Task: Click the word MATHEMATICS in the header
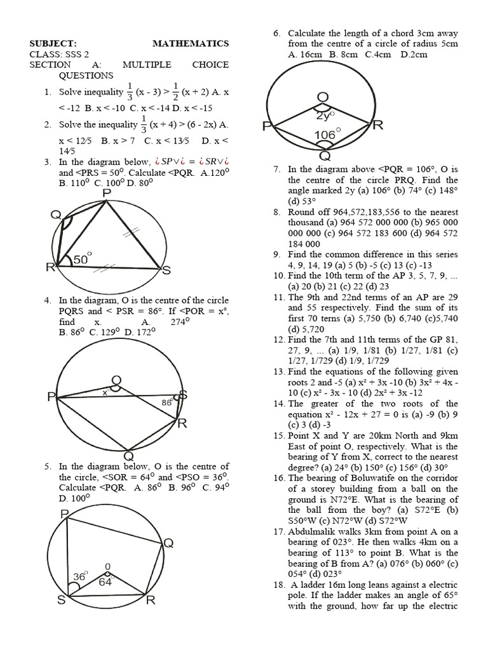coord(191,43)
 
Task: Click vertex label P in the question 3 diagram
coord(105,193)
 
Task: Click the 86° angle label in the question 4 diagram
coord(166,402)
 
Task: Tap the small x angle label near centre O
coord(105,393)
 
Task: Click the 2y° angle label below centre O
coord(326,116)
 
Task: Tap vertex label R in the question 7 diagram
coord(377,126)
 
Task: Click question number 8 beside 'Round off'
coord(277,212)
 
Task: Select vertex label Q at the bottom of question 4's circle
coord(128,456)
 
